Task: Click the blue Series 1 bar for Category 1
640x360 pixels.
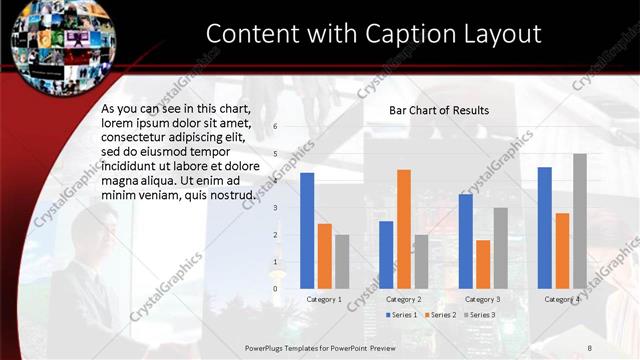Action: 307,230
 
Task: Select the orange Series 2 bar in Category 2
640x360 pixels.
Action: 403,228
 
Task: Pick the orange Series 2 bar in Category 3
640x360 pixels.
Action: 483,264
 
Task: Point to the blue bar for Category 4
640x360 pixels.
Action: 545,227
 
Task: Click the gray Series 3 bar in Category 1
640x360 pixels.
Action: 342,261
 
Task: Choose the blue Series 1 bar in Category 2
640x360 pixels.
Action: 386,254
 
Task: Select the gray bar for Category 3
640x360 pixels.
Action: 500,248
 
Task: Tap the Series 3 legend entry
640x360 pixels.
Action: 479,315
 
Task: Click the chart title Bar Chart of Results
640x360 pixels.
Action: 439,110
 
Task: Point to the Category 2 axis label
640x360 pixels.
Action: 403,299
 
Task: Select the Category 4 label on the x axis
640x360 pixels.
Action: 561,299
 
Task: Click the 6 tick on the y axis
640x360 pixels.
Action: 275,126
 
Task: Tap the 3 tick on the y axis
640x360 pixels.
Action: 275,207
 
